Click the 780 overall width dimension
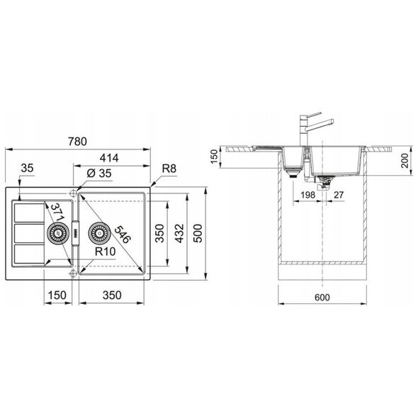point(77,142)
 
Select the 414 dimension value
point(109,158)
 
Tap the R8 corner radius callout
point(169,169)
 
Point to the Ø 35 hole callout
point(99,174)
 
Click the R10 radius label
point(106,252)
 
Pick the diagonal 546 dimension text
point(123,235)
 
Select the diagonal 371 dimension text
point(57,213)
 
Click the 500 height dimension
point(198,233)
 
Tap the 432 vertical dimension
point(179,233)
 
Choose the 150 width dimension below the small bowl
point(57,295)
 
